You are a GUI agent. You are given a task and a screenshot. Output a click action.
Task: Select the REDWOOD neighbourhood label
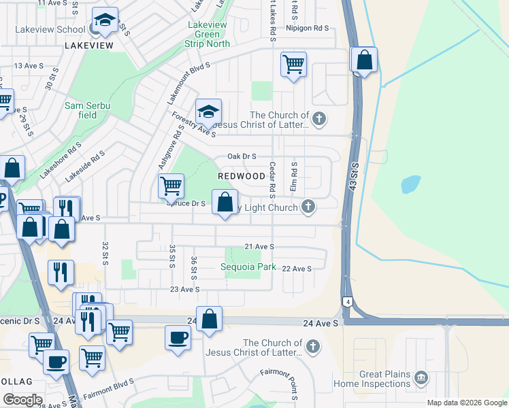pyautogui.click(x=241, y=176)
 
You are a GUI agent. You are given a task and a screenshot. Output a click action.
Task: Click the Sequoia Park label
pyautogui.click(x=248, y=267)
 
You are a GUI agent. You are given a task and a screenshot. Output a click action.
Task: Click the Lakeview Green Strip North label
pyautogui.click(x=207, y=34)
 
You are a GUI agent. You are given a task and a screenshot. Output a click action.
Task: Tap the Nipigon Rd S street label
pyautogui.click(x=308, y=28)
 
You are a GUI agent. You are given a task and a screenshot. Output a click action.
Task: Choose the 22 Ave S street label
pyautogui.click(x=296, y=269)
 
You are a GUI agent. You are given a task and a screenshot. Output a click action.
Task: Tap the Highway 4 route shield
pyautogui.click(x=347, y=301)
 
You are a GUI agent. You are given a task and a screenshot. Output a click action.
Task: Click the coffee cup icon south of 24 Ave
pyautogui.click(x=178, y=338)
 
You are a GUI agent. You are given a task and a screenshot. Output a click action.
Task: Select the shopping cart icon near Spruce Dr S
pyautogui.click(x=171, y=185)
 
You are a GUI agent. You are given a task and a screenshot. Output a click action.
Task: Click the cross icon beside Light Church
pyautogui.click(x=309, y=207)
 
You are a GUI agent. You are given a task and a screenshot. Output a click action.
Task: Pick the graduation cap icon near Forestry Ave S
pyautogui.click(x=208, y=111)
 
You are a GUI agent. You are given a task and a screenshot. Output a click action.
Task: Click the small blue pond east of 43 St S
pyautogui.click(x=410, y=184)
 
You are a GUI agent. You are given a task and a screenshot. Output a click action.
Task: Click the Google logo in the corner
pyautogui.click(x=22, y=400)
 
